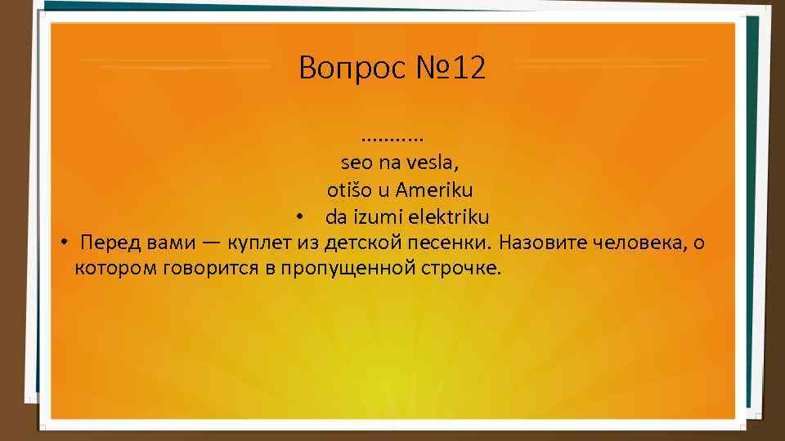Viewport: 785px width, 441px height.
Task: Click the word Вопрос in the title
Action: [338, 68]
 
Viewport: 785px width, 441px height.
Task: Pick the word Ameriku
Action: [434, 190]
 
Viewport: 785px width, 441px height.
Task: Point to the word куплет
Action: [256, 243]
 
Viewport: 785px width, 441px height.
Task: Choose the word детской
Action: [361, 243]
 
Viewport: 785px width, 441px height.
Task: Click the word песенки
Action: [447, 243]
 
